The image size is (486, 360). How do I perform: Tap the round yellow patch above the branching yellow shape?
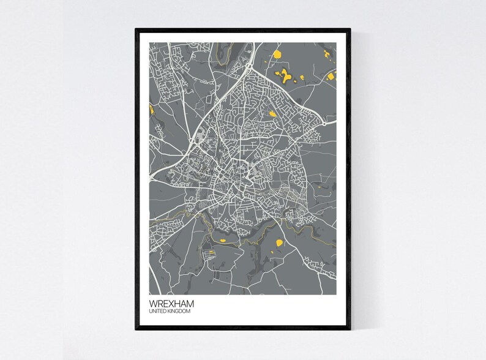click(x=277, y=54)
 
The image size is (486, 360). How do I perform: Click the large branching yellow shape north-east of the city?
click(x=285, y=76)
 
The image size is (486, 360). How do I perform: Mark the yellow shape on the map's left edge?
click(x=150, y=111)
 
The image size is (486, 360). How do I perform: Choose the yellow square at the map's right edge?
click(x=332, y=77)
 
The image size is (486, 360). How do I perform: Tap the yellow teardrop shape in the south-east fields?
click(x=279, y=243)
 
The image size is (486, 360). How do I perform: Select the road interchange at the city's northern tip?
click(x=250, y=64)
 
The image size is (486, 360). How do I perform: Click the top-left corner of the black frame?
click(x=136, y=28)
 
